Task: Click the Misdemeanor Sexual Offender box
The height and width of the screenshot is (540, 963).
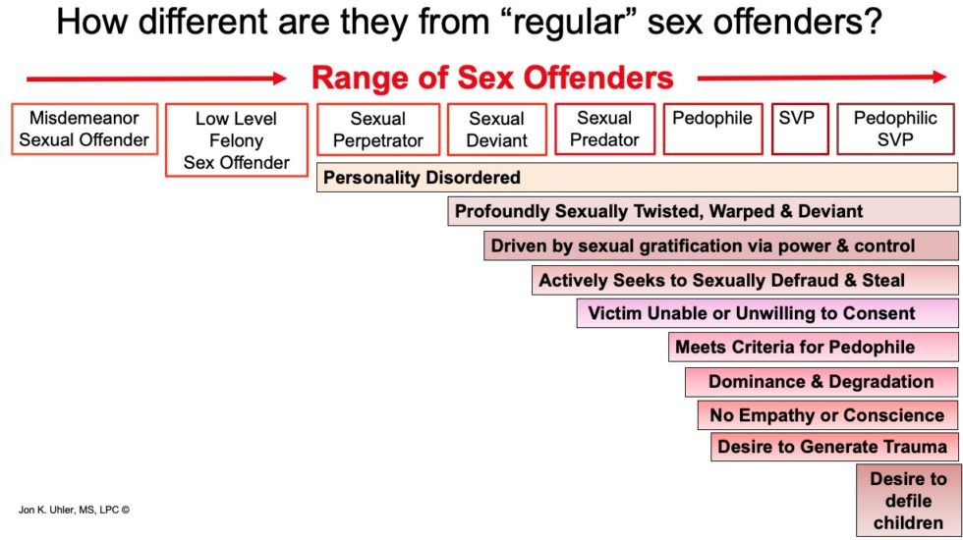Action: [85, 129]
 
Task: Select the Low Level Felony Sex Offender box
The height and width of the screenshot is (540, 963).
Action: [237, 139]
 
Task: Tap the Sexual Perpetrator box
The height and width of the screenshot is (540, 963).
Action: [378, 129]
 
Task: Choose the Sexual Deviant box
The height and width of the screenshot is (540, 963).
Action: [497, 129]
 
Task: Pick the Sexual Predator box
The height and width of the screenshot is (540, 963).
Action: [605, 129]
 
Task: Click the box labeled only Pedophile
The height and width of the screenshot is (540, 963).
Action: [712, 129]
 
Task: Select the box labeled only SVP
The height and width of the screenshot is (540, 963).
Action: [800, 129]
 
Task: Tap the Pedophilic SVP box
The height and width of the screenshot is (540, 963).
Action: [895, 129]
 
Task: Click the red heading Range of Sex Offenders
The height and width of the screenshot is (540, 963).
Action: [492, 78]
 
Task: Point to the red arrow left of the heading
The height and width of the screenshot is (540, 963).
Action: [156, 79]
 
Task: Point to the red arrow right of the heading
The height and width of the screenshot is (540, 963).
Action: [822, 78]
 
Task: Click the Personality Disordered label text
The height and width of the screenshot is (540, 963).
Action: [422, 178]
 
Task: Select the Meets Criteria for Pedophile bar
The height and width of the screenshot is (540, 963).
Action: [814, 348]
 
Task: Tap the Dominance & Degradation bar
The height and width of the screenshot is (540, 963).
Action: [821, 382]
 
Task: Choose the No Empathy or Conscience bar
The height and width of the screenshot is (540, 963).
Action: [827, 415]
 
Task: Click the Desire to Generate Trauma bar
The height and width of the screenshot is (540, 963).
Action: [834, 447]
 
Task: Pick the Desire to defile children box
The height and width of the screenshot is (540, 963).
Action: [908, 501]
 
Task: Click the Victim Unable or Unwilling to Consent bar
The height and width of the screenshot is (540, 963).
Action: [767, 313]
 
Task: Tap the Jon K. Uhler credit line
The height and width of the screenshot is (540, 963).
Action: [74, 510]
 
